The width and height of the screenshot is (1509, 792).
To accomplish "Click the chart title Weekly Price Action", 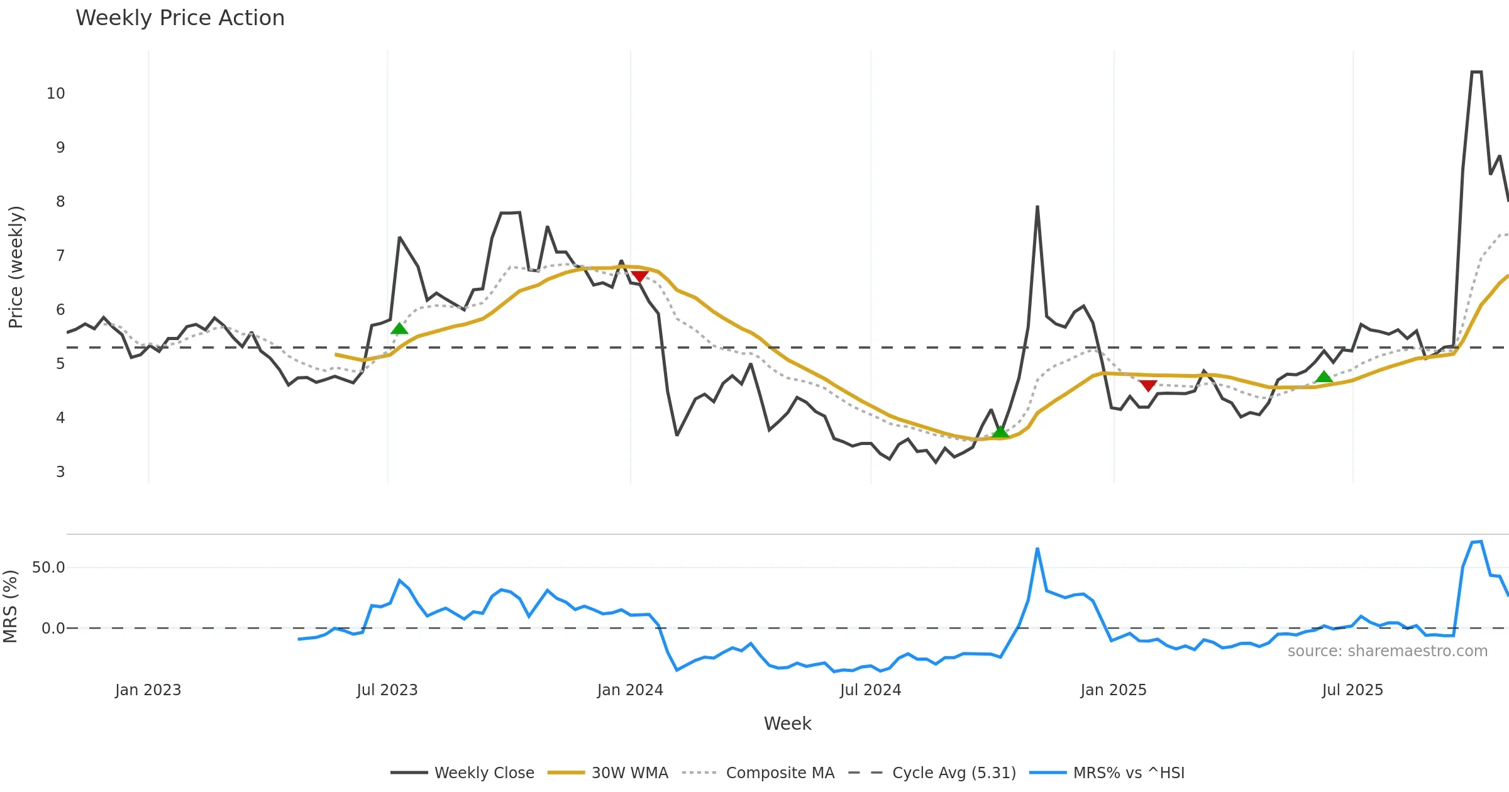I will (180, 18).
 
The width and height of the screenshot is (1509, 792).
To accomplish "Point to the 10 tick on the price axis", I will (55, 94).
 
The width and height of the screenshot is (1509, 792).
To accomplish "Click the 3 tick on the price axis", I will (60, 472).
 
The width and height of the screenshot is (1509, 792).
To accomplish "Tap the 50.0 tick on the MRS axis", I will (48, 568).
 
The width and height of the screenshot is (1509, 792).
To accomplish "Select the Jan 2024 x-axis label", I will (630, 690).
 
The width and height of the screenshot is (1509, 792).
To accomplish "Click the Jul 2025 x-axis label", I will (1352, 690).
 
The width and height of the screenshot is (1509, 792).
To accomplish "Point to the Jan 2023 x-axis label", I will (148, 690).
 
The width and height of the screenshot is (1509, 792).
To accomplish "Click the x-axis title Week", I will (787, 724).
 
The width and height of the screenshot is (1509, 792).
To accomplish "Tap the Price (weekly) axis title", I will (16, 267).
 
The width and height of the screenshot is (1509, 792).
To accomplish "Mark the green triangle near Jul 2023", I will (399, 329).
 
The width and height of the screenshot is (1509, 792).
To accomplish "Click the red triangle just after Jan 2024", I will (639, 277).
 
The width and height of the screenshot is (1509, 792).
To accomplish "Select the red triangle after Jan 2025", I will (1148, 385).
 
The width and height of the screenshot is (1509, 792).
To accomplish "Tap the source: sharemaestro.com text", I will (1387, 651).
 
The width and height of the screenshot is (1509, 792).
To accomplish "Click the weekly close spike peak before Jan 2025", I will (1037, 206).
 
